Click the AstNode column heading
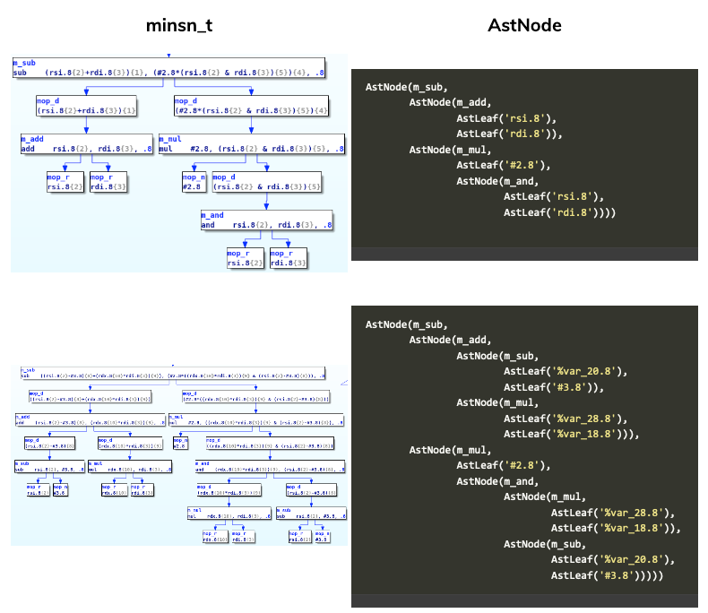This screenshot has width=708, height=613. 524,25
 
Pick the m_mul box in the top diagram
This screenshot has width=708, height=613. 251,144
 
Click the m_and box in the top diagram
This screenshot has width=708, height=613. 267,220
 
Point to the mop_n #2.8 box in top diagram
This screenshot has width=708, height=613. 194,183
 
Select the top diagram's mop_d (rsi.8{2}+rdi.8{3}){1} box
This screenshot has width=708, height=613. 88,106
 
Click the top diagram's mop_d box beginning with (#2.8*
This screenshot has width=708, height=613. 251,106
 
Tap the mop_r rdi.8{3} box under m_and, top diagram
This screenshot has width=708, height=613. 292,258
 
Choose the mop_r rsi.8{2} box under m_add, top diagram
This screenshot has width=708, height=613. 65,183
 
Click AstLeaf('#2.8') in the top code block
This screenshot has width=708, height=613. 502,165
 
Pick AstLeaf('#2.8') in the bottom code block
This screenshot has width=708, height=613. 502,465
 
